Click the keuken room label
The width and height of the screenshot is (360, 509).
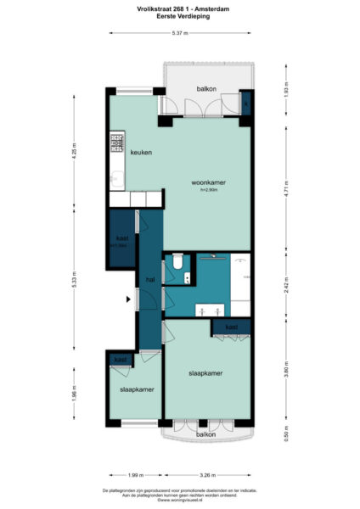coord(141,153)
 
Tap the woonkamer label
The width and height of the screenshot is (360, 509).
coord(208,183)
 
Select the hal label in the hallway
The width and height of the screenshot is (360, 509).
coord(149,278)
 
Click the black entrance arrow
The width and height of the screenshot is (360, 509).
coord(128,299)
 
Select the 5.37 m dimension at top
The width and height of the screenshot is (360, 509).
coord(180,33)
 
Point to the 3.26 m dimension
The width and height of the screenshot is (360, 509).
coord(207,476)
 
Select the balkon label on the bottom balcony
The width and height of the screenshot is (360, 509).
coord(205,434)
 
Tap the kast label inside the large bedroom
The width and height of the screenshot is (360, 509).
coord(231,327)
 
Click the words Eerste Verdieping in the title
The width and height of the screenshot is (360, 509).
coord(180,17)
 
